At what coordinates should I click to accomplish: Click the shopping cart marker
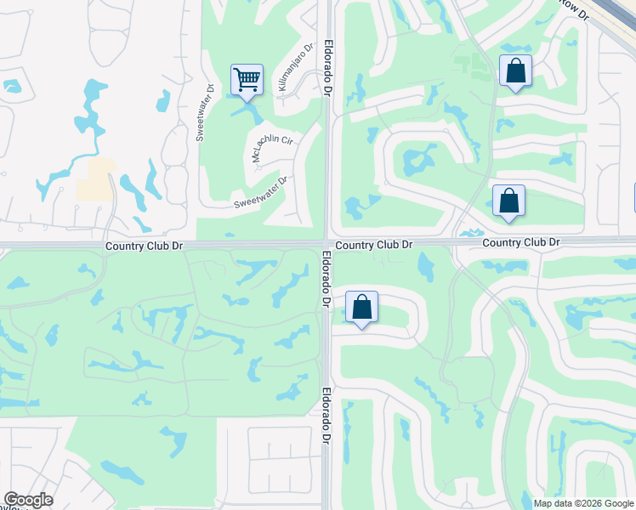[x=247, y=81]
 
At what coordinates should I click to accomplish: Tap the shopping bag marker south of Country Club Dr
[x=361, y=307]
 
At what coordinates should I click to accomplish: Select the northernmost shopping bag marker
[x=515, y=71]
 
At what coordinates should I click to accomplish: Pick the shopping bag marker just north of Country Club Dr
[x=508, y=201]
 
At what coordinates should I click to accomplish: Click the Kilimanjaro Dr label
[x=294, y=68]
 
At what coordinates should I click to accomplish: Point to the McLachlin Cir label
[x=271, y=147]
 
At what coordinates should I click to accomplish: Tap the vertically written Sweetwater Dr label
[x=204, y=112]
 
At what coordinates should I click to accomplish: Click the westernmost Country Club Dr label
[x=145, y=246]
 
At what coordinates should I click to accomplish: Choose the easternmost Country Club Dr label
[x=521, y=243]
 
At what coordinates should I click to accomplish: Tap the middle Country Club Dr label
[x=373, y=245]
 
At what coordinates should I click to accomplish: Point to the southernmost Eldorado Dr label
[x=327, y=417]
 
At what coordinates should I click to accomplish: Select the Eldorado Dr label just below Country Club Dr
[x=327, y=279]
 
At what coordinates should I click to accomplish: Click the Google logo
[x=28, y=500]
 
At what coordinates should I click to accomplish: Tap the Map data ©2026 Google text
[x=583, y=503]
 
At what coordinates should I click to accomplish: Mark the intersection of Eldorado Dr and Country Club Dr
[x=327, y=243]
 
